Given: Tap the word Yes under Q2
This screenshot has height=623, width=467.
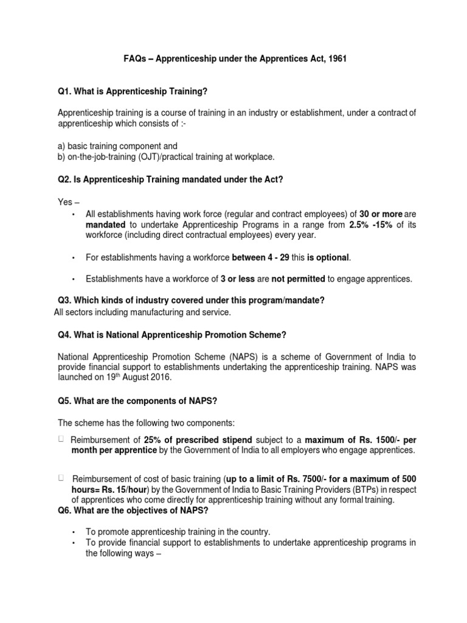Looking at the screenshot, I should [x=65, y=201].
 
